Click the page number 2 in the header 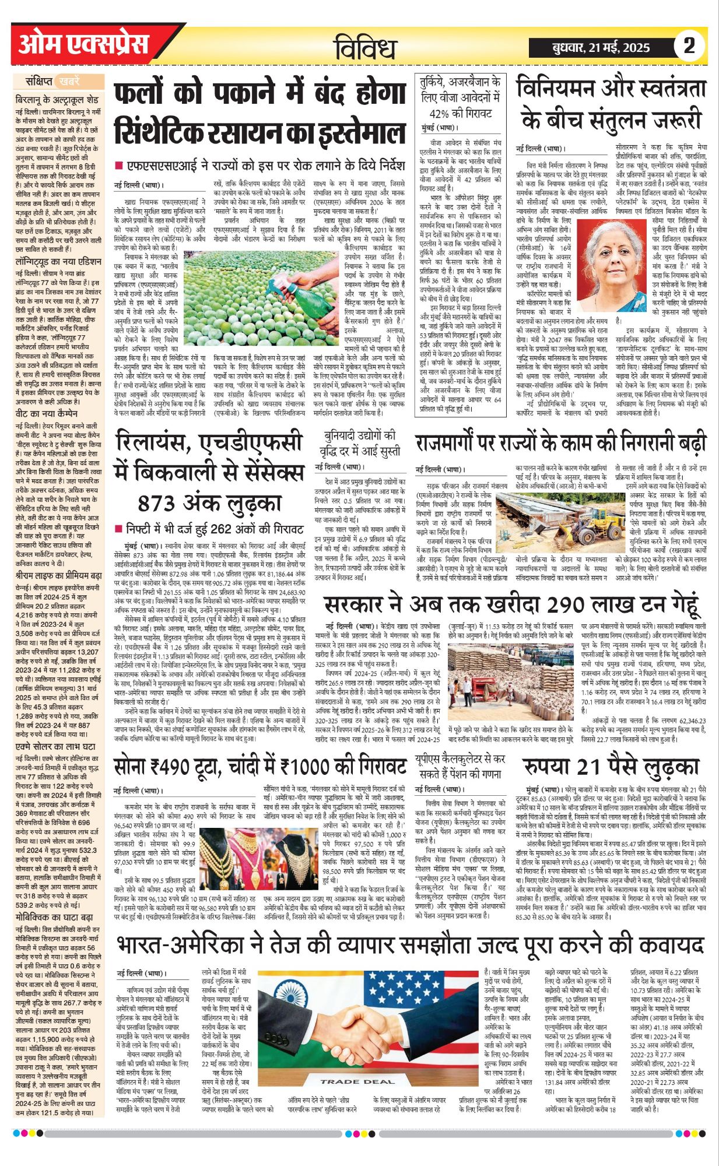[x=689, y=46]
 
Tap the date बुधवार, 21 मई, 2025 [x=601, y=48]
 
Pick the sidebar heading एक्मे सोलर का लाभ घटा [x=55, y=746]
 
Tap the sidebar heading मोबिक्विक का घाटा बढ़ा [x=54, y=917]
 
